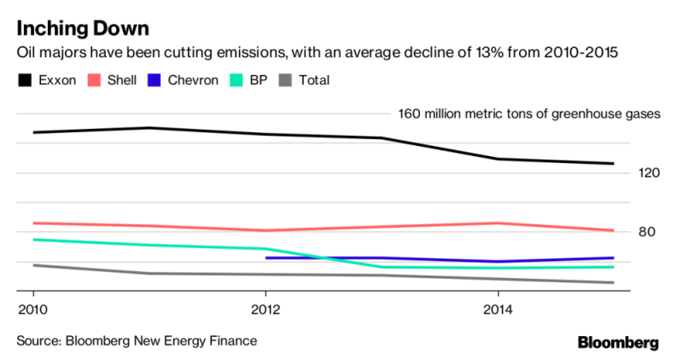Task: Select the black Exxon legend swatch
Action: tap(24, 80)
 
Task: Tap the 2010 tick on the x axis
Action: tap(32, 307)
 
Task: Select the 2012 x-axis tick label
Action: tap(266, 307)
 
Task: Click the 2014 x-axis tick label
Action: tap(499, 307)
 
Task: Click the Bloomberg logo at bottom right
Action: tap(618, 342)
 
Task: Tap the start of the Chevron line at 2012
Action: tap(266, 258)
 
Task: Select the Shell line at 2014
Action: tap(499, 224)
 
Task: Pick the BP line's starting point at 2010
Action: tap(32, 240)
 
